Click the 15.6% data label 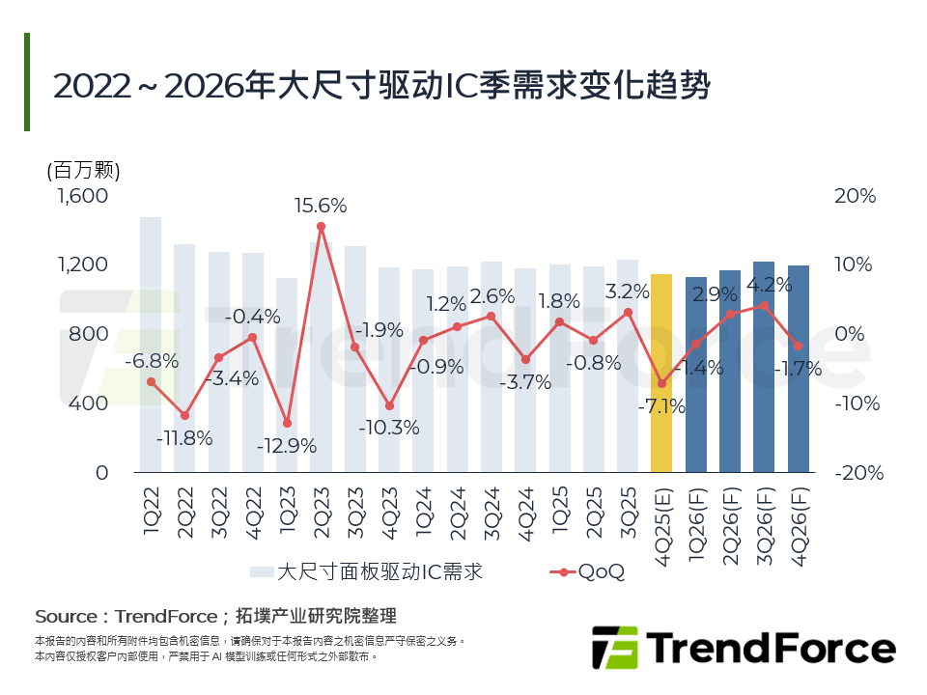tap(321, 206)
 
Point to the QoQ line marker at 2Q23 tap(321, 227)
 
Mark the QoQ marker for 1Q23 tap(287, 424)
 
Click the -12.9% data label tap(287, 447)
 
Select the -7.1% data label tap(661, 406)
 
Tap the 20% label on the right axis tap(855, 196)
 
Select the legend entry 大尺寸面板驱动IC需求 tap(367, 571)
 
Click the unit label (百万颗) tap(83, 171)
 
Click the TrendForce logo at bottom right tap(744, 646)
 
